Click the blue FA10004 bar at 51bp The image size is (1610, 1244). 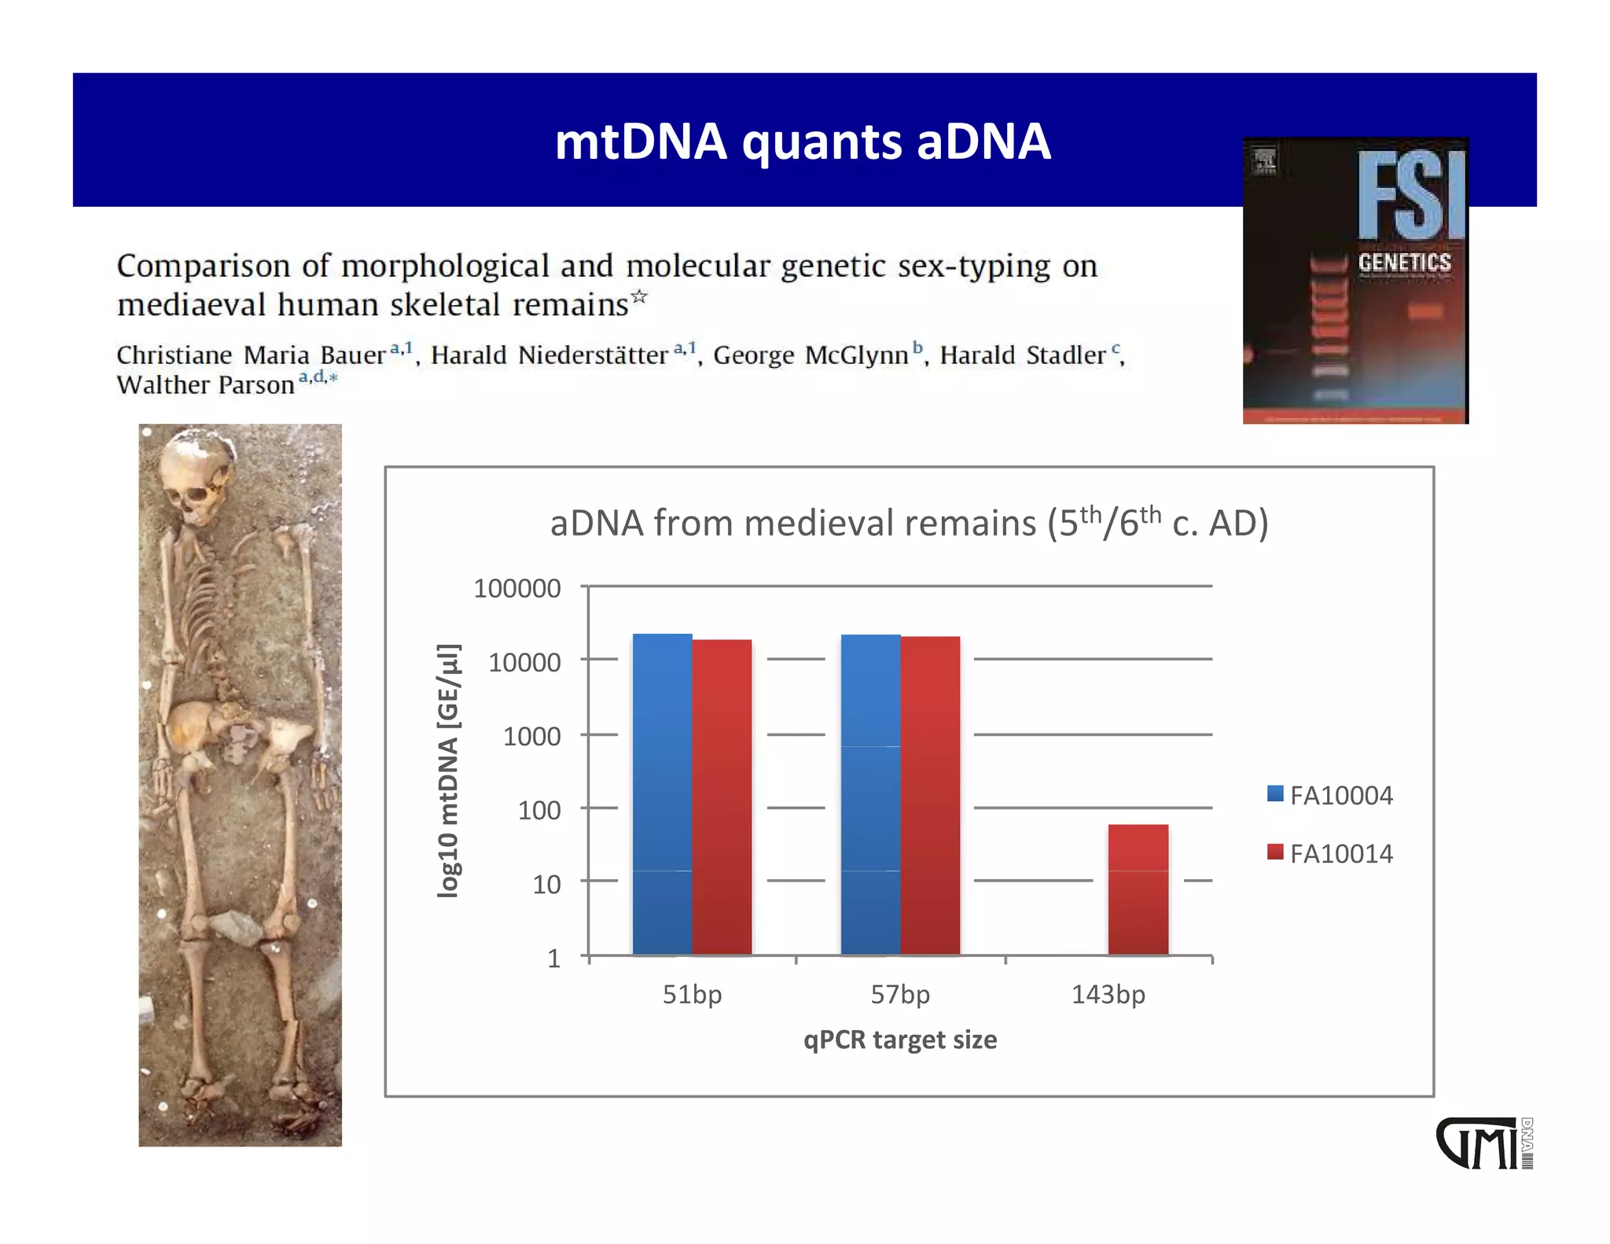pos(662,794)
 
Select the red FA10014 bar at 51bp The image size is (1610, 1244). pos(722,797)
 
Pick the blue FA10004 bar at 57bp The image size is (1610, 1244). pos(870,794)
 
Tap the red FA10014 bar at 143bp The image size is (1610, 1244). pos(1138,889)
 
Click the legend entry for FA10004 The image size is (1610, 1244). pos(1329,795)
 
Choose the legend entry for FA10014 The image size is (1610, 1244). pos(1329,853)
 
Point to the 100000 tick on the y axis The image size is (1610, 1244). pos(516,588)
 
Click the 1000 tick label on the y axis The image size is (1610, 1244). pos(531,736)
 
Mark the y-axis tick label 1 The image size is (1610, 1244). pos(553,958)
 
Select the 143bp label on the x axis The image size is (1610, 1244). pos(1108,995)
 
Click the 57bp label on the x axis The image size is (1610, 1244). pos(899,995)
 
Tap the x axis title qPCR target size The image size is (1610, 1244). pos(899,1040)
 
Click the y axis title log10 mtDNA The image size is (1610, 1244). pos(448,771)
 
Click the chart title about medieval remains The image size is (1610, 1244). pos(909,523)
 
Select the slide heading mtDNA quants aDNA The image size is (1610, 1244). pos(802,142)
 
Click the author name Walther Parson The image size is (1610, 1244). pos(205,385)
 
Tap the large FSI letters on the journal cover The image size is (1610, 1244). pos(1411,197)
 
